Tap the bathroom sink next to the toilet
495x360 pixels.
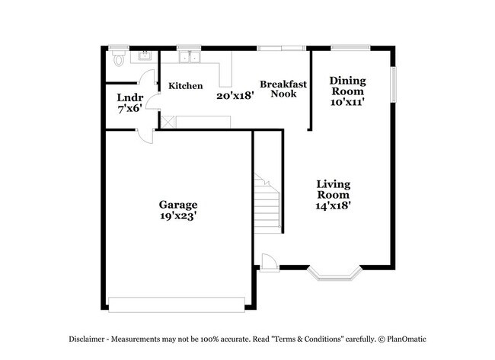coord(142,56)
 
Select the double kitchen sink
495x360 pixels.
coord(188,57)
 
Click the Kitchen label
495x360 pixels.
coord(186,86)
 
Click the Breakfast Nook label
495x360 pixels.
coord(283,89)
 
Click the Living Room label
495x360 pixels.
coord(334,190)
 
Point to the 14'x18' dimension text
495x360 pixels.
coord(334,205)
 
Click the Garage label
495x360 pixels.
coord(178,205)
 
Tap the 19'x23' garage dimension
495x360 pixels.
coord(178,216)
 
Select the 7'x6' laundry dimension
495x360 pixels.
coord(128,110)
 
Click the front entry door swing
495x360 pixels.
coord(268,261)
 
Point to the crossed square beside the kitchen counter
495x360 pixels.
coord(168,122)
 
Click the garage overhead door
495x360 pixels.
coord(177,304)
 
